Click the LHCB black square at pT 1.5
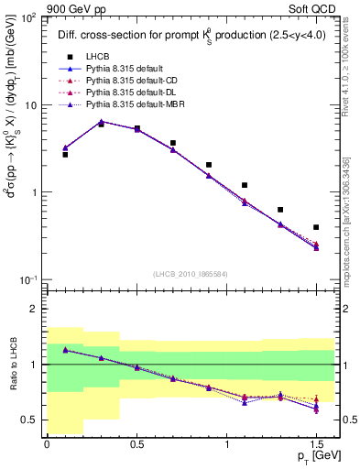pos(316,227)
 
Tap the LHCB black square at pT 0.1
pos(65,155)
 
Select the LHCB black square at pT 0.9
pos(209,165)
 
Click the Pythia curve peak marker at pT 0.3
pos(101,121)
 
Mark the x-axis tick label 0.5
pos(136,444)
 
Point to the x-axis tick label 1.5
pos(316,444)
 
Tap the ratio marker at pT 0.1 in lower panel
pos(65,349)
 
